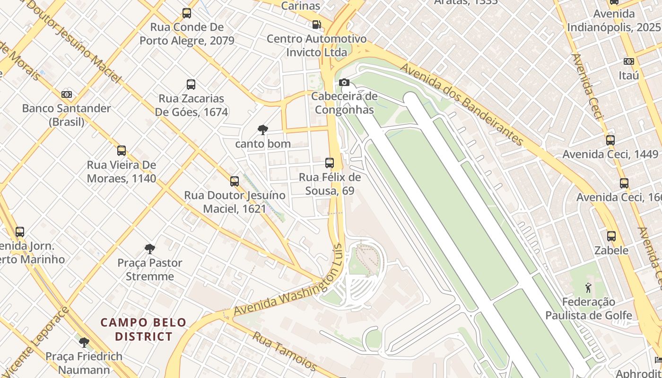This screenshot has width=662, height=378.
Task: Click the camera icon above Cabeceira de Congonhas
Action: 344,83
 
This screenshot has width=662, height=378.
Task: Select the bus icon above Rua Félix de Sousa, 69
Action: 330,163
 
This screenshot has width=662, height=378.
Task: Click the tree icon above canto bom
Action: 262,129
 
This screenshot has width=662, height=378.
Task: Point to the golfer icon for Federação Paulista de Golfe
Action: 588,287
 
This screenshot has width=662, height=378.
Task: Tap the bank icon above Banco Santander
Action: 67,94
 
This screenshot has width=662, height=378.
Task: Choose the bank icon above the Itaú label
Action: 628,61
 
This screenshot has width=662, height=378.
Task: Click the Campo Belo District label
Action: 143,329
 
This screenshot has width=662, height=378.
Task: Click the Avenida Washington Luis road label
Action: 287,283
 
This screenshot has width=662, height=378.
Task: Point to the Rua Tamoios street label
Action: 284,351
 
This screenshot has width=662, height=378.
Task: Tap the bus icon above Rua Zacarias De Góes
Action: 191,85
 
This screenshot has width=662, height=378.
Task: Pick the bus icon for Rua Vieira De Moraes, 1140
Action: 122,151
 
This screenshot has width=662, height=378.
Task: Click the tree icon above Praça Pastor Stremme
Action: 150,249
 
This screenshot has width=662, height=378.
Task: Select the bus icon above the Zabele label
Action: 611,236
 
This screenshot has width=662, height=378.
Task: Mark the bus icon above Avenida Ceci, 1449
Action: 610,140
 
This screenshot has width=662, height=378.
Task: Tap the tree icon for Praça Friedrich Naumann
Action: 84,342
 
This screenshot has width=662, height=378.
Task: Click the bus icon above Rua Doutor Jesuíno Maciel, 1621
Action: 235,181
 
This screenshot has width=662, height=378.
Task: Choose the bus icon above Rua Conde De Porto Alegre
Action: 187,13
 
